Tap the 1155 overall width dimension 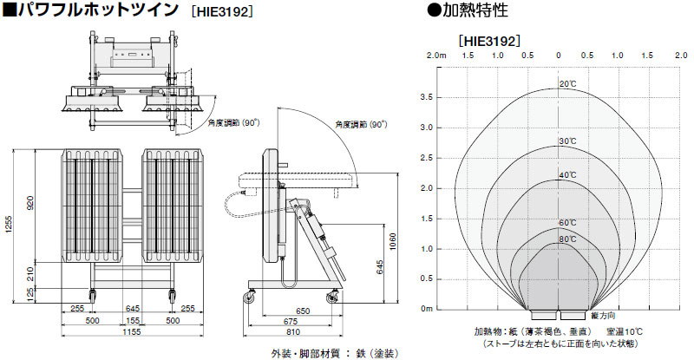[x=133, y=332]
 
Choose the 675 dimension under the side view [x=297, y=321]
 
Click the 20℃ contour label [x=567, y=84]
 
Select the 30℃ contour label [x=567, y=141]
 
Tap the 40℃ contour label [x=567, y=175]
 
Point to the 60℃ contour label [x=567, y=223]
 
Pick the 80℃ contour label [x=567, y=239]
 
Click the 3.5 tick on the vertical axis [x=426, y=97]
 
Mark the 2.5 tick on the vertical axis [x=426, y=158]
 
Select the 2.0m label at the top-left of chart [x=436, y=56]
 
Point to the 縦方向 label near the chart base [x=606, y=315]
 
